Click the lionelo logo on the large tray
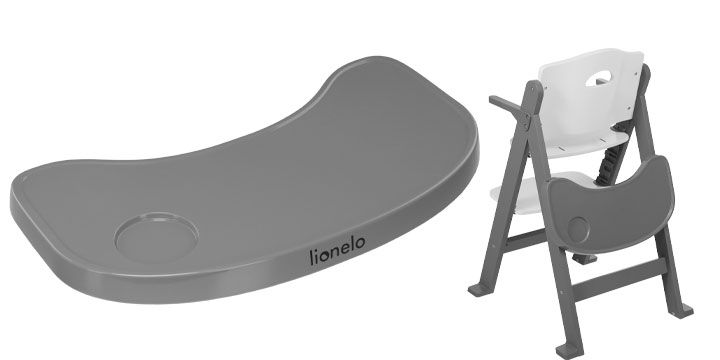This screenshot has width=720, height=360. [x=338, y=250]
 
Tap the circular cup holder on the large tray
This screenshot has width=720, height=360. [x=157, y=237]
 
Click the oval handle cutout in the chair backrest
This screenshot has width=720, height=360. [x=598, y=78]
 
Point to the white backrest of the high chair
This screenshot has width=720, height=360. [x=591, y=92]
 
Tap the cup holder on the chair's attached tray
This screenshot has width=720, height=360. [x=578, y=228]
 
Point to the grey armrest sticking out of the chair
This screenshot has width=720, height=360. [x=507, y=106]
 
